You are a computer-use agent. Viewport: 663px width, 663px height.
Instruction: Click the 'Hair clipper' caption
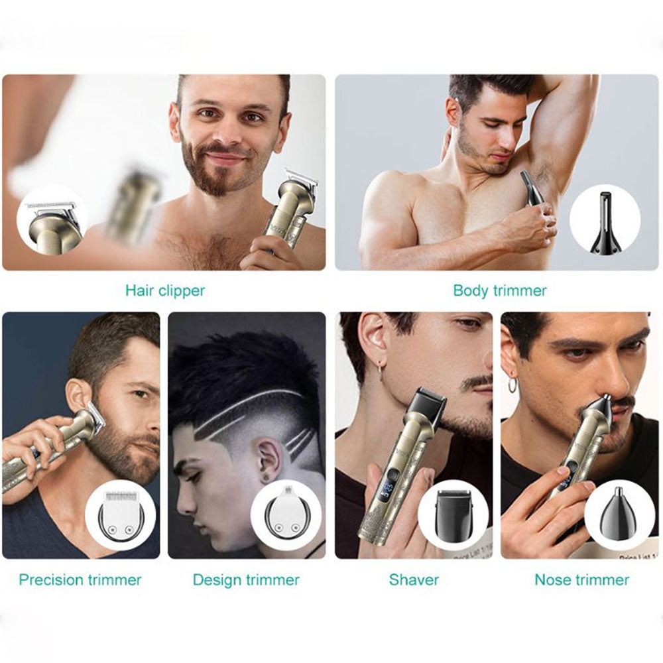pos(165,291)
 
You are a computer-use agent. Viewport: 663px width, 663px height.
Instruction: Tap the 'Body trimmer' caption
pos(500,290)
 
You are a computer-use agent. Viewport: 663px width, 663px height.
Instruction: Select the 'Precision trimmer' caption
pos(80,579)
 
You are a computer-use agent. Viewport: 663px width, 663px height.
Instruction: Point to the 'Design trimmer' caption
pos(246,579)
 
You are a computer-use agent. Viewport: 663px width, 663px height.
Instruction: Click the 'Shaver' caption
pos(414,579)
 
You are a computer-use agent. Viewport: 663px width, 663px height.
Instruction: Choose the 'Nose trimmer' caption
pos(582,579)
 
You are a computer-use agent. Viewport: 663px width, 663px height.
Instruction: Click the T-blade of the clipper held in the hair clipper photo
pos(302,178)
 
